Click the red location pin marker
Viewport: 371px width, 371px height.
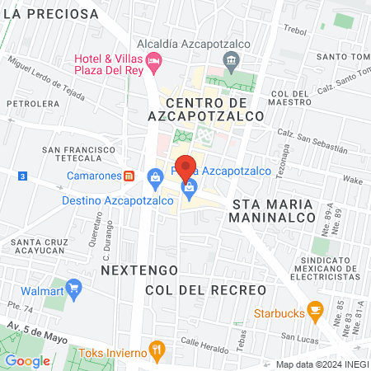tap(187, 167)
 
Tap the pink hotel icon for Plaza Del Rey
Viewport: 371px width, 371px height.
tap(153, 61)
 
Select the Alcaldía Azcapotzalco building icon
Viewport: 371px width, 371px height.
tap(232, 59)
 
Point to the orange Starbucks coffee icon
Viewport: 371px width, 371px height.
tap(314, 310)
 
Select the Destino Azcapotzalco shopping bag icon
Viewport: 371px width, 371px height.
tap(154, 176)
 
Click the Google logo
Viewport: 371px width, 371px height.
tap(27, 360)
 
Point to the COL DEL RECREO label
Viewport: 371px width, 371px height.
tap(205, 290)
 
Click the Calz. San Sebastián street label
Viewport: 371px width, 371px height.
tap(312, 139)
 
